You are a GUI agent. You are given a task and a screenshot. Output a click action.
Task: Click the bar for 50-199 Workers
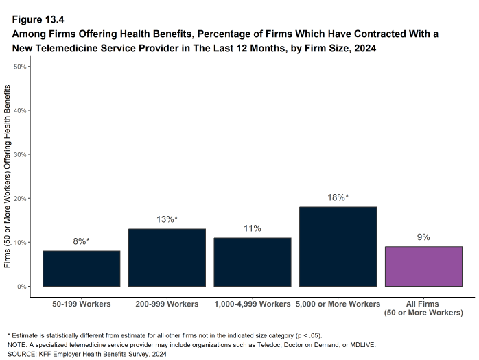coord(81,268)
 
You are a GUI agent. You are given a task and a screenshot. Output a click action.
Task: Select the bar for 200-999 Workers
coord(167,257)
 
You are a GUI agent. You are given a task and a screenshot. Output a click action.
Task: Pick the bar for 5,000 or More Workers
coord(338,246)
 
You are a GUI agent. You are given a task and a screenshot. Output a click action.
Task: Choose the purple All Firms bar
coord(423,266)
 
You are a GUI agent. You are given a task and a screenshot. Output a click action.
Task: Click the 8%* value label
coord(81,241)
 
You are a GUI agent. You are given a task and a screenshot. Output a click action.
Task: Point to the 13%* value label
coord(167,219)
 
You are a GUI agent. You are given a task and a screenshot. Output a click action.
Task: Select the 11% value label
coord(253,228)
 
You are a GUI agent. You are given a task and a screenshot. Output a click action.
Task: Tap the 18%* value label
coord(338,197)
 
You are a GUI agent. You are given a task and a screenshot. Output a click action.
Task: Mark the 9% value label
coord(423,237)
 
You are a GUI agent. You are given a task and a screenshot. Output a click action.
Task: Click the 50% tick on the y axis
coord(20,67)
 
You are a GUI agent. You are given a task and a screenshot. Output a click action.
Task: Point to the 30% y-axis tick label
coord(20,154)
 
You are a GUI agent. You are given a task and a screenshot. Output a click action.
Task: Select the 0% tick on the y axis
coord(22,286)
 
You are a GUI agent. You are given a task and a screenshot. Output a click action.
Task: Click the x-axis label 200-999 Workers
coord(167,304)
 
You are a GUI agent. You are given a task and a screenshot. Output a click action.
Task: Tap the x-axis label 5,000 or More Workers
coord(338,304)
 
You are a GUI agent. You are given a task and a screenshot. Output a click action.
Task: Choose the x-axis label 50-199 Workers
coord(81,304)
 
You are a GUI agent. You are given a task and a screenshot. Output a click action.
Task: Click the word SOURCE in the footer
coord(21,354)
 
